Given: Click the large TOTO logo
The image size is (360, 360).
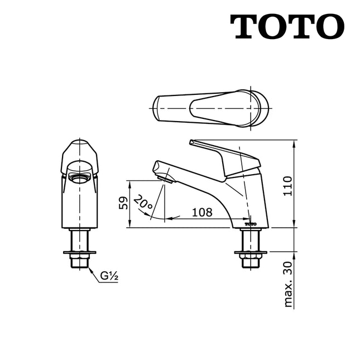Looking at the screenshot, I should pos(287,26).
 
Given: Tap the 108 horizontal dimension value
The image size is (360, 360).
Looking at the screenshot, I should pos(201,212).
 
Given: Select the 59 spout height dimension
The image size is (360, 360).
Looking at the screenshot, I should pos(124,202).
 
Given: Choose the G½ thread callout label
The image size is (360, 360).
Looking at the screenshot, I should pos(108,276).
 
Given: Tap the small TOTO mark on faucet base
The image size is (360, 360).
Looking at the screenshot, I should pos(251,224).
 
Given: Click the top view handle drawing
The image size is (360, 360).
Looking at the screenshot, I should pos(211,108).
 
